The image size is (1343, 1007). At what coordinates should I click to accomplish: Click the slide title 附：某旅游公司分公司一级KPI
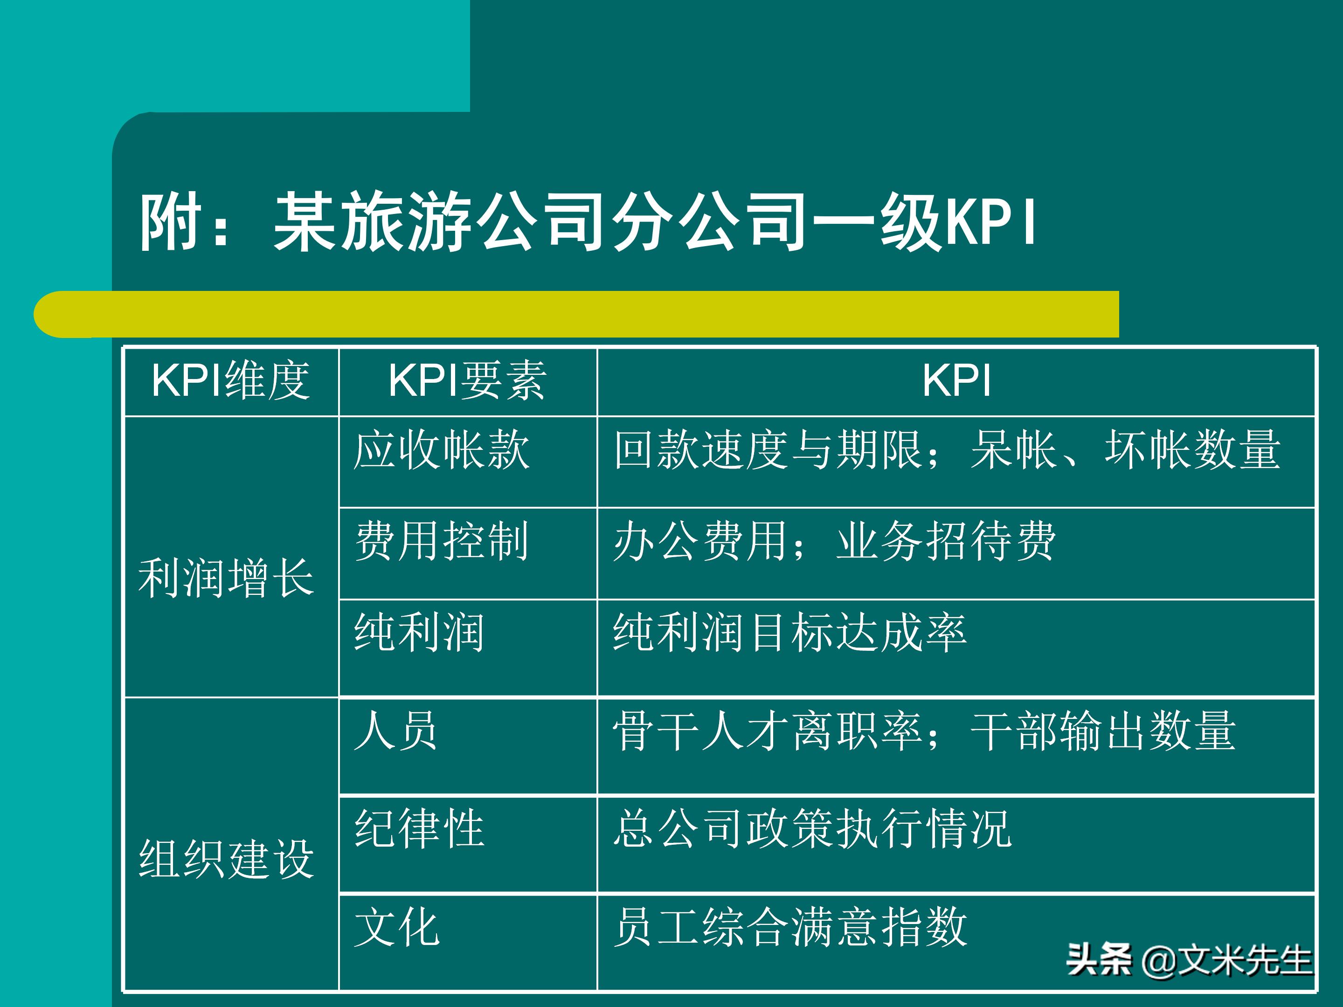point(588,221)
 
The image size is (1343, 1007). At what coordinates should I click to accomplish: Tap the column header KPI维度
point(231,380)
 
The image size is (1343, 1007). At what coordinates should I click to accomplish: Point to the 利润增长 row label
point(226,578)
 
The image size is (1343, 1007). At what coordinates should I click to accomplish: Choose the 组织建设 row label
point(226,858)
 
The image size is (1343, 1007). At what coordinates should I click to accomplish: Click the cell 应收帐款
point(442,450)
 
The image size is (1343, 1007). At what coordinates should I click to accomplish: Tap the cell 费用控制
point(442,541)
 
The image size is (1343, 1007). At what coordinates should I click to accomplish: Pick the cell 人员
point(395,730)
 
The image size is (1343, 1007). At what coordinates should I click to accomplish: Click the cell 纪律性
point(419,828)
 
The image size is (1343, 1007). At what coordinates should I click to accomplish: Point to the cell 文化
point(396,926)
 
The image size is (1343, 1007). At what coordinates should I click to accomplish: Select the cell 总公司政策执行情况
point(812,828)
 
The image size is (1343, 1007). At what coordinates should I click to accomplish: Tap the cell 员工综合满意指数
point(789,926)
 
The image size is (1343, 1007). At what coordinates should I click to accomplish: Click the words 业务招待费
point(945,541)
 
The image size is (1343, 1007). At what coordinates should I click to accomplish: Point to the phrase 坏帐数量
point(1192,450)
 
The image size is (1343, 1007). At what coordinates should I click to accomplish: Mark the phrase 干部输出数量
point(1102,730)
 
